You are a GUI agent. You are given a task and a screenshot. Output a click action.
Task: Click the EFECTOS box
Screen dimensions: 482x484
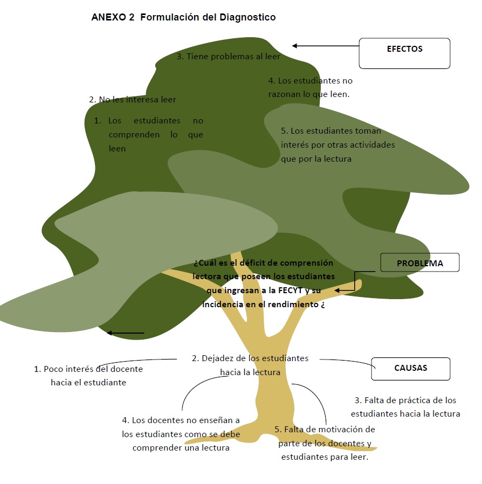(x=404, y=53)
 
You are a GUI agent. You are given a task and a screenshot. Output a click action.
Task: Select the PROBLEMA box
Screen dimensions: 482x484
(x=420, y=262)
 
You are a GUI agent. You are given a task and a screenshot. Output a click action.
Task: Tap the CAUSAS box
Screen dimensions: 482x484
(x=411, y=369)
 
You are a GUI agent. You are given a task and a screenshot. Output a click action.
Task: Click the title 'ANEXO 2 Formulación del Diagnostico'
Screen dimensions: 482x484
(x=183, y=17)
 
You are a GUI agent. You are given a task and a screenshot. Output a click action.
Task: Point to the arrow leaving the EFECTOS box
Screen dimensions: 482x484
(x=326, y=46)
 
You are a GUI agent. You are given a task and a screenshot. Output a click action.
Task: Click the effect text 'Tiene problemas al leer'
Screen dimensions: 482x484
(x=233, y=57)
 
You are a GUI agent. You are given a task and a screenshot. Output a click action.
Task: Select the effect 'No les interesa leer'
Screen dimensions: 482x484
(x=137, y=99)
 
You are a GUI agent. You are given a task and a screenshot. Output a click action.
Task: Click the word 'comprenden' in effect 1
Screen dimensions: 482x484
(x=134, y=135)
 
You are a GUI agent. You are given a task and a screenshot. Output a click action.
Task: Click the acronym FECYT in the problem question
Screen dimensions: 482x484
(x=290, y=291)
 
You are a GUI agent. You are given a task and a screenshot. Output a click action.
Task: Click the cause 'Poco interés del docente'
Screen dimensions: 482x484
(x=93, y=369)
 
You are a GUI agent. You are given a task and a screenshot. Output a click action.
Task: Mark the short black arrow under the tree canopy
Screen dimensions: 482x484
(x=126, y=333)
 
